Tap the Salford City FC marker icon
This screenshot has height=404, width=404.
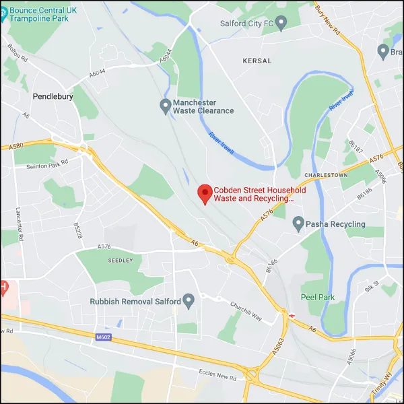point(282,23)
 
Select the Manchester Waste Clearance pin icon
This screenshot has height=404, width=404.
point(165,106)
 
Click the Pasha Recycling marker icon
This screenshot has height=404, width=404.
point(299,224)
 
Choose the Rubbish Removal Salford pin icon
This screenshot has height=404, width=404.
point(189,301)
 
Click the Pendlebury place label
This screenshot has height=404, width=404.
point(53,97)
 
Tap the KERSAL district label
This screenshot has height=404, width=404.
point(257,61)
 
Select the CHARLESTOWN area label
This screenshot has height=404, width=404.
point(326,175)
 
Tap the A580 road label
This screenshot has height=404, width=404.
point(16,145)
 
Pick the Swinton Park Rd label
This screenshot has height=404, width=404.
point(47,164)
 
